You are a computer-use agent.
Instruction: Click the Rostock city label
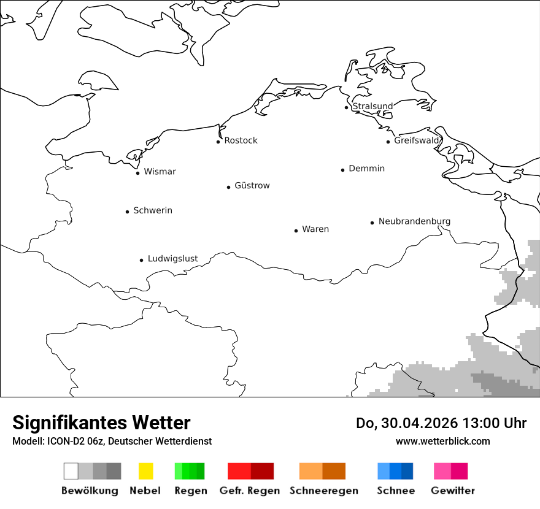(241, 140)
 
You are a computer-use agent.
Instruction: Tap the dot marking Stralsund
(347, 107)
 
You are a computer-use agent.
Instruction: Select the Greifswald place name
(417, 140)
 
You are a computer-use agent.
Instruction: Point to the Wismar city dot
(137, 173)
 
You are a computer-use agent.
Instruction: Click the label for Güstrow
(252, 186)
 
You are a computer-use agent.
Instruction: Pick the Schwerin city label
(153, 210)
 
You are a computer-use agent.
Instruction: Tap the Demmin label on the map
(366, 169)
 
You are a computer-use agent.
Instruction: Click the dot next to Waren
(296, 231)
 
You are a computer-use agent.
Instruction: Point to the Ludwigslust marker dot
(141, 260)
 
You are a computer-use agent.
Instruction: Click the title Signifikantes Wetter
(101, 423)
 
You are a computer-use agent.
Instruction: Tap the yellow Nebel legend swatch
(145, 471)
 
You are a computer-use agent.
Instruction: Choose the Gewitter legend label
(453, 491)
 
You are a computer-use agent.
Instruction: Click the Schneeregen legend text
(323, 491)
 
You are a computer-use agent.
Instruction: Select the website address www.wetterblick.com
(442, 441)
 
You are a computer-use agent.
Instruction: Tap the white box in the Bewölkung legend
(71, 471)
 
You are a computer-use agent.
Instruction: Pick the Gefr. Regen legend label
(250, 491)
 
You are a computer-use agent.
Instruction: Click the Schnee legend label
(395, 491)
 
